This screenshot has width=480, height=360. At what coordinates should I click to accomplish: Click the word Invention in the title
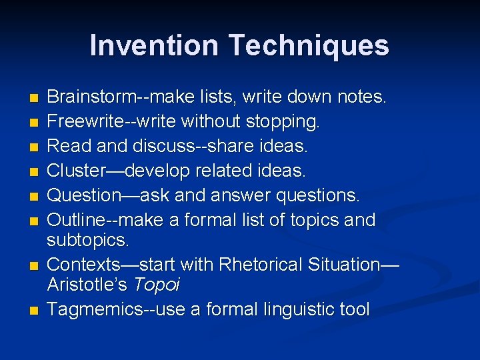click(x=154, y=46)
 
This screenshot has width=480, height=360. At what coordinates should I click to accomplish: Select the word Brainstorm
click(x=91, y=97)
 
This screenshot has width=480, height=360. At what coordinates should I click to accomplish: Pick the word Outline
click(x=73, y=220)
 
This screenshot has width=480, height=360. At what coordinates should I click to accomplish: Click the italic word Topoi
click(x=157, y=285)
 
